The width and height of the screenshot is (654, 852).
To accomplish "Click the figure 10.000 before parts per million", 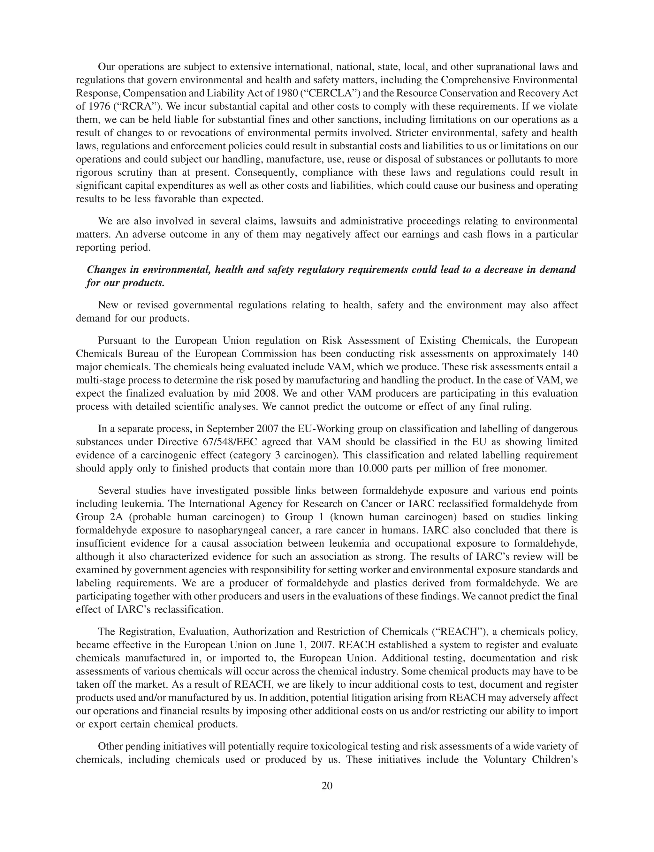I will [x=372, y=468].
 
